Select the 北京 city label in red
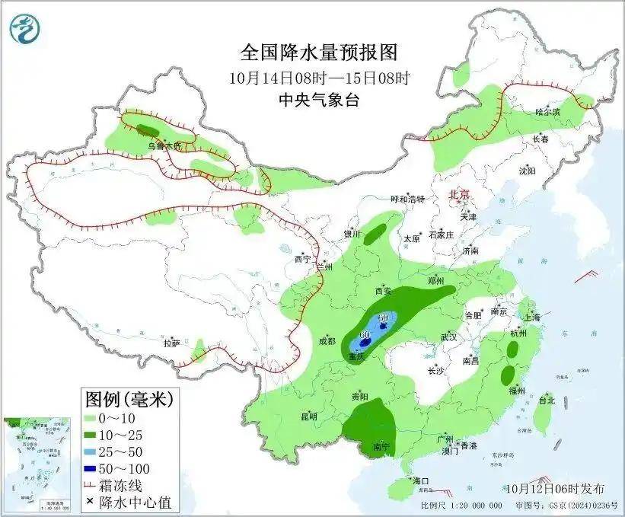pos(461,194)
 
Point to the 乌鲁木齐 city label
pos(164,145)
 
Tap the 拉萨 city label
pos(171,343)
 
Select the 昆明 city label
pos(308,416)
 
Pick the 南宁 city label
pos(382,447)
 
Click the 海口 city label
pos(421,481)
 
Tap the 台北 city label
pos(547,400)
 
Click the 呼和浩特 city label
pos(407,199)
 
